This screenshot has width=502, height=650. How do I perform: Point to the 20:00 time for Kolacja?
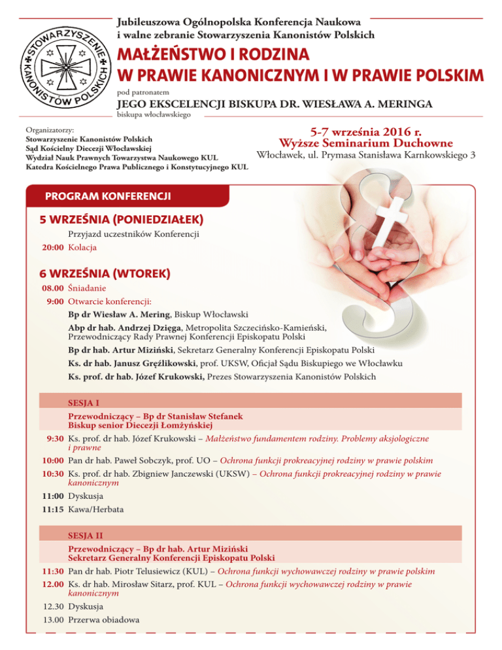53,247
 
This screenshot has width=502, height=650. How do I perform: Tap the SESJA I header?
84,402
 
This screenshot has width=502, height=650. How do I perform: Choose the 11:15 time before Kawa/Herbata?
53,509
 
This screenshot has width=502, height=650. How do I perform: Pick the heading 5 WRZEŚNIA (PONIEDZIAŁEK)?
121,218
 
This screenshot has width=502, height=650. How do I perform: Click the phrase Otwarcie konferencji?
109,301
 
